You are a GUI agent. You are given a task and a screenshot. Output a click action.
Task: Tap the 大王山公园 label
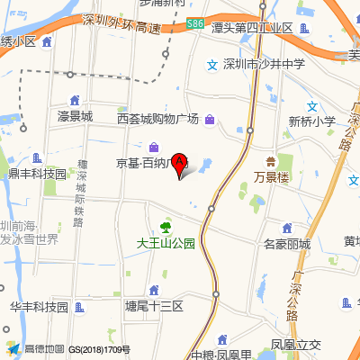click(x=166, y=243)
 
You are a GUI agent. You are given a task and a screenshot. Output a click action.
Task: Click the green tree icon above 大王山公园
click(x=166, y=228)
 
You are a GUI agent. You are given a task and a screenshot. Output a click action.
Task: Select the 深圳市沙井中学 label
click(x=265, y=65)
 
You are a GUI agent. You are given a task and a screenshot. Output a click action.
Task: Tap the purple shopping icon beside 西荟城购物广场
click(x=210, y=120)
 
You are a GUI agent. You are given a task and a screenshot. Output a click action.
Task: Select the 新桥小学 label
click(x=311, y=121)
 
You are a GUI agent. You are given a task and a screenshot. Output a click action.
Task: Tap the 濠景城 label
click(x=75, y=116)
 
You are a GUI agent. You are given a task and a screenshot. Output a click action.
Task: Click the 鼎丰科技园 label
click(x=38, y=174)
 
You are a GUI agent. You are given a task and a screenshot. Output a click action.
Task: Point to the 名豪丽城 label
click(x=286, y=244)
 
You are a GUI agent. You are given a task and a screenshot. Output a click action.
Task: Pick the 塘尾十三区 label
click(x=154, y=307)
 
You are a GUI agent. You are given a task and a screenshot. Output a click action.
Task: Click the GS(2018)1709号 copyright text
click(x=100, y=349)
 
